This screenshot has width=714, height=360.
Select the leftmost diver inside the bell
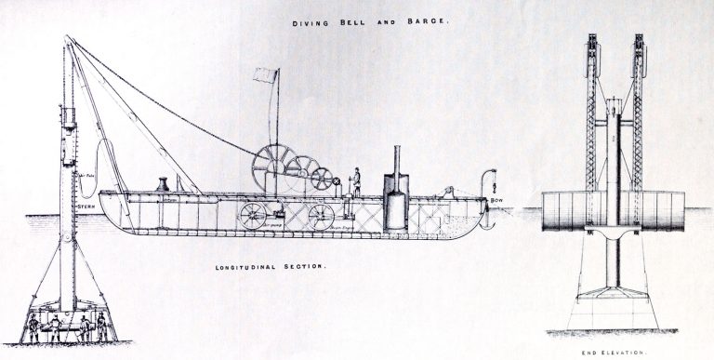pos(33,327)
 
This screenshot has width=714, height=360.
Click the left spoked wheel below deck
pos(251,217)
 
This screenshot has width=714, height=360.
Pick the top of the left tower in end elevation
pos(589,42)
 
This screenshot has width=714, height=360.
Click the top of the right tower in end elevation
pos(639,42)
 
